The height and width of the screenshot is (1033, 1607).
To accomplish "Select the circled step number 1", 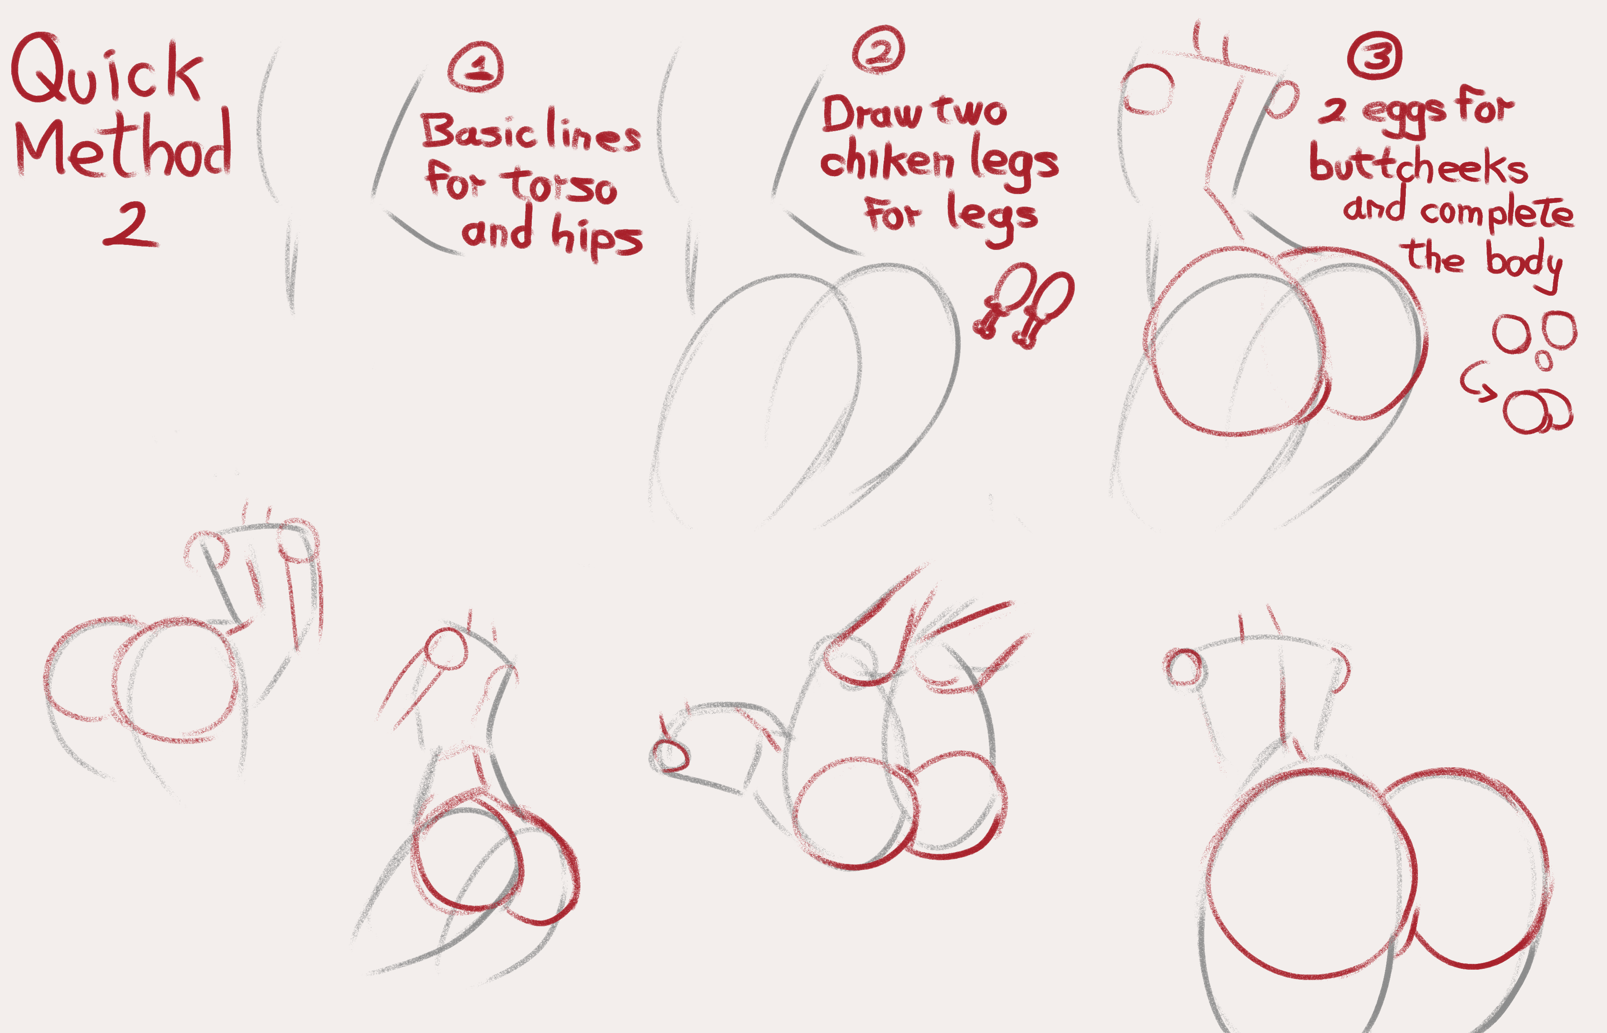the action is coord(476,66).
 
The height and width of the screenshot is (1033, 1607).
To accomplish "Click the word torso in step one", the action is coord(562,185).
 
